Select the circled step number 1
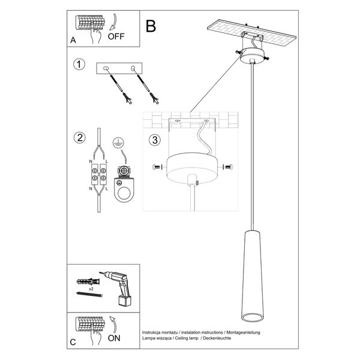click(78, 64)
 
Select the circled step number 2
click(78, 138)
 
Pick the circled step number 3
click(154, 141)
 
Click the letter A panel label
click(73, 41)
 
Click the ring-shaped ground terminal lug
click(122, 193)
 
